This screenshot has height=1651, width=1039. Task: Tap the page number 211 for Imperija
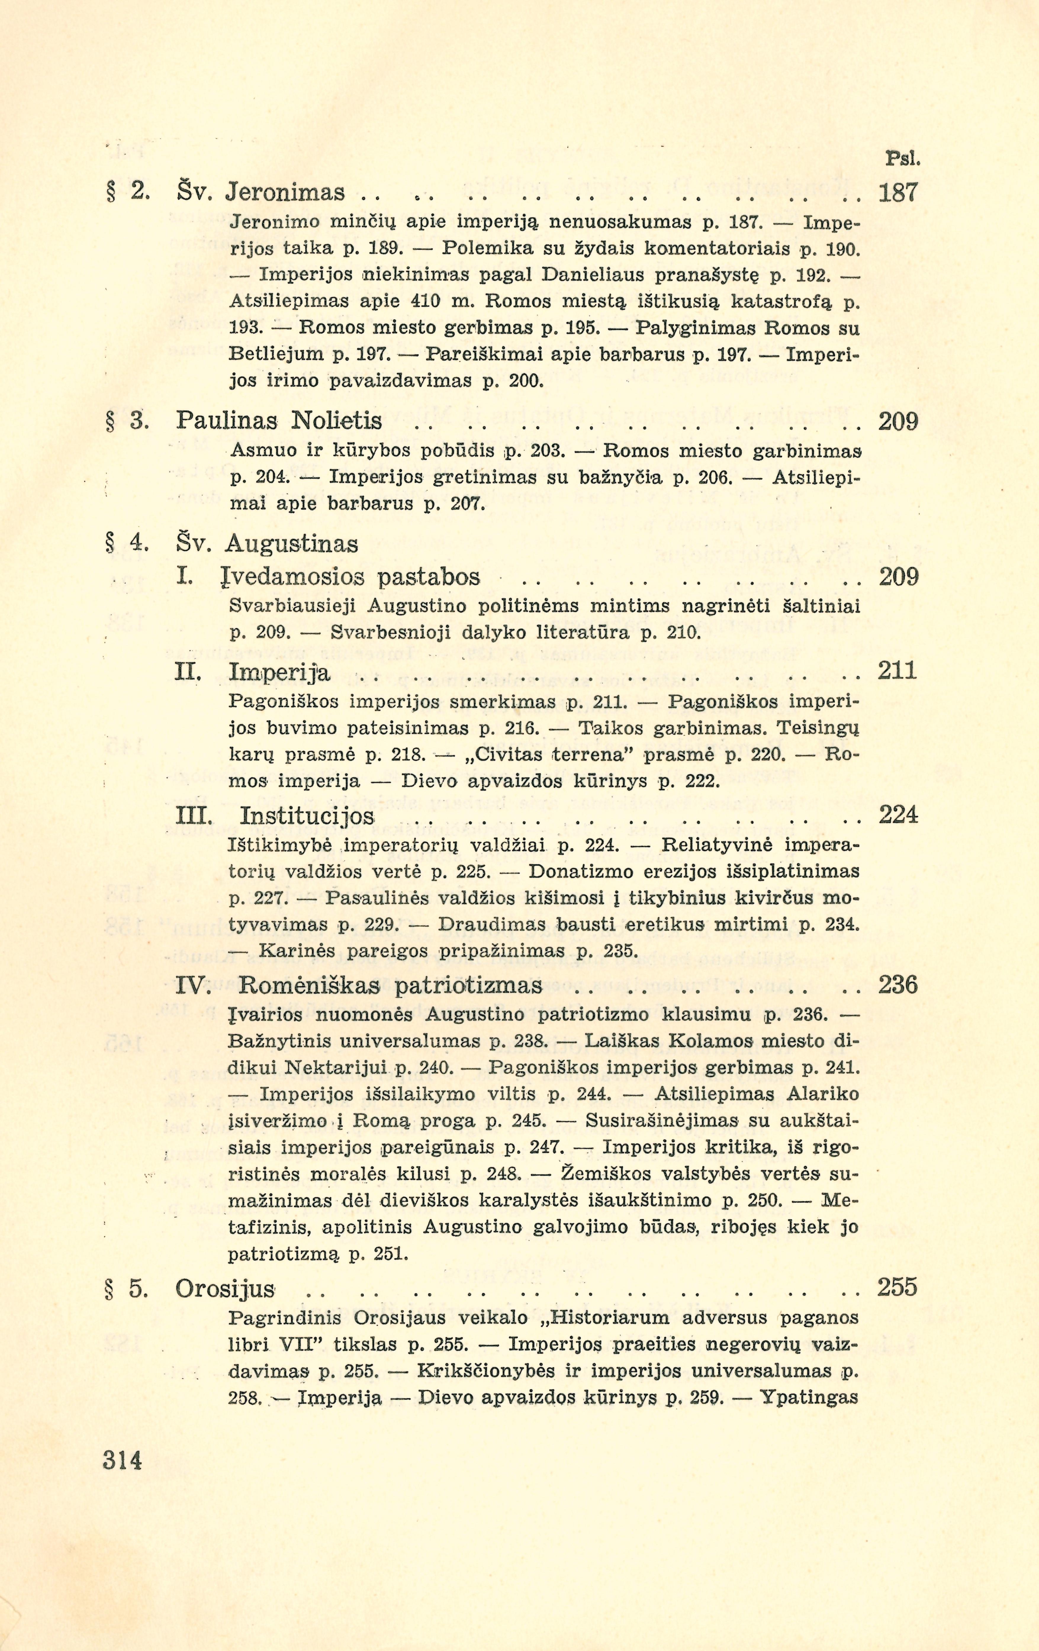click(898, 670)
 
